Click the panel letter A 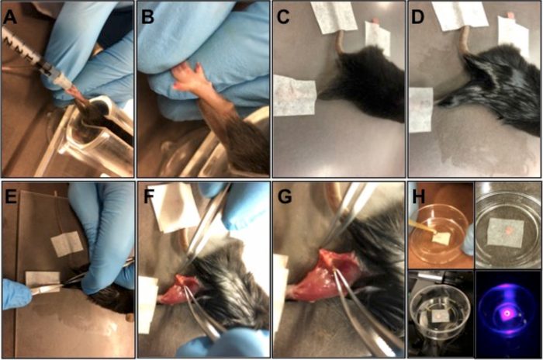[9, 16]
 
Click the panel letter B [148, 16]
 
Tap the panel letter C [283, 16]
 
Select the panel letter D [418, 16]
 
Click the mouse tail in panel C [340, 42]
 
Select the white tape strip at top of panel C [334, 17]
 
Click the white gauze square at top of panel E [67, 244]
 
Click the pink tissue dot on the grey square [507, 230]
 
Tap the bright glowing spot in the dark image [507, 313]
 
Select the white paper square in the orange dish [440, 238]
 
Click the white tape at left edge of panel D [420, 109]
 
